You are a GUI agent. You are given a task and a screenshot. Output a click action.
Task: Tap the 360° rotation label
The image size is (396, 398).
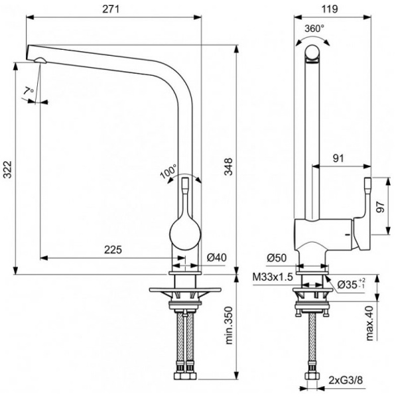[314, 29]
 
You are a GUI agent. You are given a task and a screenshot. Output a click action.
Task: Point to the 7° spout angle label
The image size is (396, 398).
[27, 91]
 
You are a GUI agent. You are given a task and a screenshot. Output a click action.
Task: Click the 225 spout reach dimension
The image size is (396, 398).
[113, 250]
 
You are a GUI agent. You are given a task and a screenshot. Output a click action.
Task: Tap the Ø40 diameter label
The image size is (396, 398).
[217, 257]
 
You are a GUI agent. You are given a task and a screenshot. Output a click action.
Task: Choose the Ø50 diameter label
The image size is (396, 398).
[277, 257]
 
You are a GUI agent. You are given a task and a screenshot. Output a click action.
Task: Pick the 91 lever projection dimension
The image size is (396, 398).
[338, 159]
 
